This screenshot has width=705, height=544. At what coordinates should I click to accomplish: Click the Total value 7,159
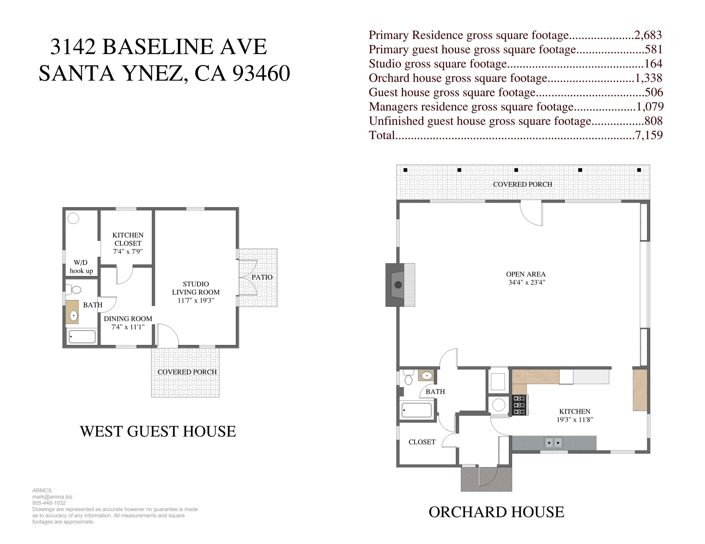click(649, 135)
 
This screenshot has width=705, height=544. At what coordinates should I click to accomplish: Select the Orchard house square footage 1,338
click(649, 78)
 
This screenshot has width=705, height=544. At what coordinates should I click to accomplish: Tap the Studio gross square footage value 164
click(653, 64)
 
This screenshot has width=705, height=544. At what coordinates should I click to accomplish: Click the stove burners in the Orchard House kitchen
click(519, 405)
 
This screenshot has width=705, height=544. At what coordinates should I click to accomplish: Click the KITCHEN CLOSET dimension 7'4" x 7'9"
click(128, 252)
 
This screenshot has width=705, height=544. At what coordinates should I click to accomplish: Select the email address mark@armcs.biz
click(52, 497)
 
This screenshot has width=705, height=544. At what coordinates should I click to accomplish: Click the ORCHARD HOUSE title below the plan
click(496, 512)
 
